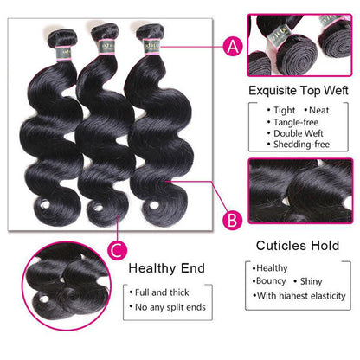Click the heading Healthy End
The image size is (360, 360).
[167, 267]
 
